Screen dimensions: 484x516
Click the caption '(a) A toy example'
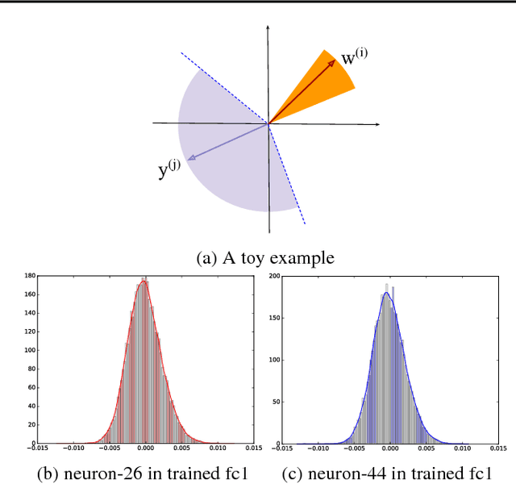(x=265, y=258)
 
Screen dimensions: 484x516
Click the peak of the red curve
(x=144, y=282)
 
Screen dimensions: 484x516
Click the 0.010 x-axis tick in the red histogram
(x=217, y=449)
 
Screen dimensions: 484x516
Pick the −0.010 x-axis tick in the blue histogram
(x=318, y=449)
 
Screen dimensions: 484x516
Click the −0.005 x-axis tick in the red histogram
(x=109, y=449)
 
